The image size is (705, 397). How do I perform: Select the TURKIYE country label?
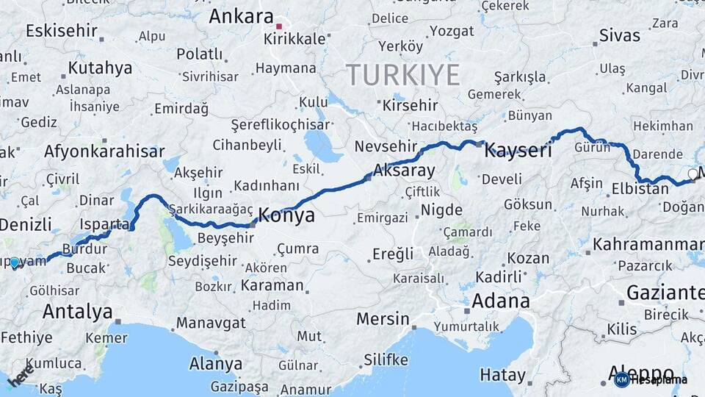(402, 75)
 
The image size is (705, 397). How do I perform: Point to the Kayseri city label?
(518, 151)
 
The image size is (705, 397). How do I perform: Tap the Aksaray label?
(404, 171)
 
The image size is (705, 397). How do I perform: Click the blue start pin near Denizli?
(15, 262)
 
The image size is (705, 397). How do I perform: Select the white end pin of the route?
(693, 174)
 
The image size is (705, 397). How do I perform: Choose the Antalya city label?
(77, 312)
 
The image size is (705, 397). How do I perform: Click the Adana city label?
(500, 301)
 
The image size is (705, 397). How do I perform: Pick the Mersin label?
(383, 319)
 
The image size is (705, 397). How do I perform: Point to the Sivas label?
(619, 35)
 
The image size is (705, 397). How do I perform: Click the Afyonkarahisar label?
(104, 151)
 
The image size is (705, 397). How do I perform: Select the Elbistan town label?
(640, 189)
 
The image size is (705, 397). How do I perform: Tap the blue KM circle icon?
(621, 380)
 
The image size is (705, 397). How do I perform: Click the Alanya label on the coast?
(216, 364)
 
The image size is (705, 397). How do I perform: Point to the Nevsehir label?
(386, 146)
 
